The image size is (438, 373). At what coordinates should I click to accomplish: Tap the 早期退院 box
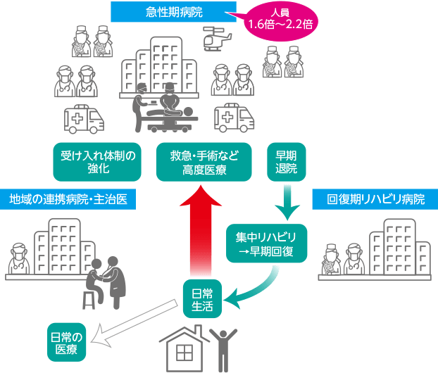287,163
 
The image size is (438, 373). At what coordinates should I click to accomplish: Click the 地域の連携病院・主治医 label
68,199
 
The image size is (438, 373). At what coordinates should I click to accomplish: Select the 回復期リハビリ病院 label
375,199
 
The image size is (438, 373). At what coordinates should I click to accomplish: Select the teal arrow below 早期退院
287,201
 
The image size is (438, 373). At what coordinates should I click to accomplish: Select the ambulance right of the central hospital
234,119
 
